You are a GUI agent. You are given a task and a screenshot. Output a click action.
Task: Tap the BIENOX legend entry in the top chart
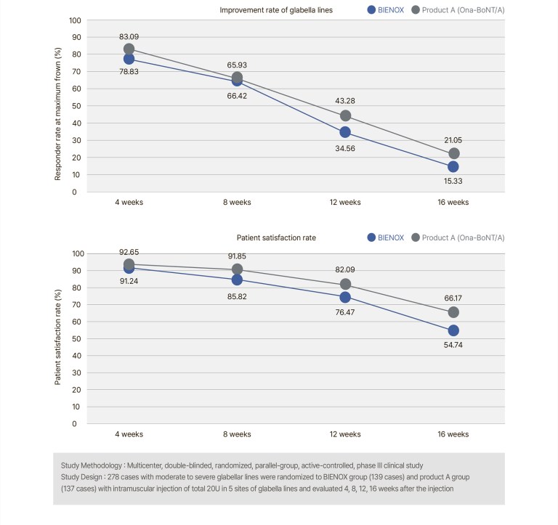pyautogui.click(x=384, y=9)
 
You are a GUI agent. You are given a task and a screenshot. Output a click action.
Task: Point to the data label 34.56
pyautogui.click(x=346, y=150)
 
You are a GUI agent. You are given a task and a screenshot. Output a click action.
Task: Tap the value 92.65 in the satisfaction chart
pyautogui.click(x=130, y=251)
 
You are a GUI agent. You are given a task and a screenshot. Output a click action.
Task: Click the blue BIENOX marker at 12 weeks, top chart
pyautogui.click(x=345, y=132)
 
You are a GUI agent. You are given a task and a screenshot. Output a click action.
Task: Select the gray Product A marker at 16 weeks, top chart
pyautogui.click(x=454, y=153)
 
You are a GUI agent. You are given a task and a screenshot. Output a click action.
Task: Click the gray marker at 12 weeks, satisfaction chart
pyautogui.click(x=345, y=285)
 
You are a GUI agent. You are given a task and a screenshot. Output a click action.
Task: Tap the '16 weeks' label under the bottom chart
pyautogui.click(x=454, y=434)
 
